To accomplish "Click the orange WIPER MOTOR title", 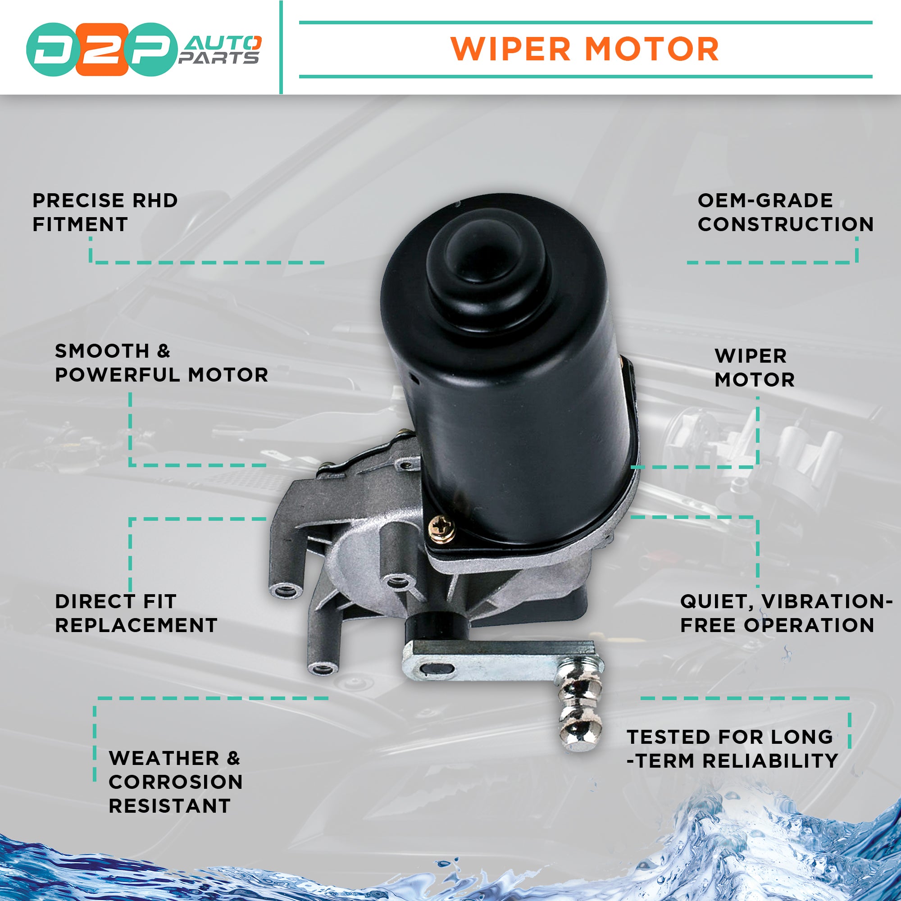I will tap(585, 49).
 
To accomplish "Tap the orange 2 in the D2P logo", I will tap(102, 50).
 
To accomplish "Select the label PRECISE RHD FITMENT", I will tap(105, 212).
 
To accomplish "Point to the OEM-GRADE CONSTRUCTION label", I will tap(785, 212).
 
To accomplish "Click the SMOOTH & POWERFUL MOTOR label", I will tap(161, 362).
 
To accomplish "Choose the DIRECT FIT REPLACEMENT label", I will tap(136, 613).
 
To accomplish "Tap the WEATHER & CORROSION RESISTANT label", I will tap(175, 782).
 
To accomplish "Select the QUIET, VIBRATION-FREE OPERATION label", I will tap(785, 613).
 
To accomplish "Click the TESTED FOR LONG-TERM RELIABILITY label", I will tap(732, 748).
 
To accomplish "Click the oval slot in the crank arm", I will tap(437, 669).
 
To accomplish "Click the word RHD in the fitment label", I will tap(155, 200).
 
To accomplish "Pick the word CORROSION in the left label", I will tap(175, 782).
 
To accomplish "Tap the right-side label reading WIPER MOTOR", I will tap(755, 368).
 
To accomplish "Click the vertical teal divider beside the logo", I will tap(281, 47).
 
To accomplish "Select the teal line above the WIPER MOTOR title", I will tap(585, 22).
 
